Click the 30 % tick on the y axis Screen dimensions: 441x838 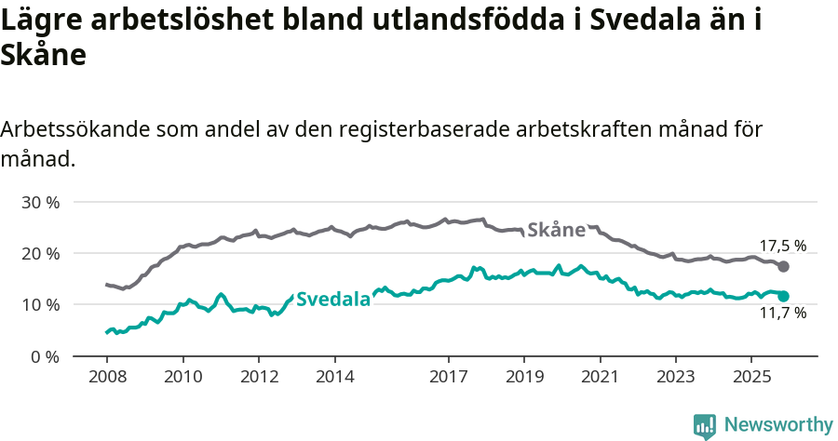click(x=40, y=202)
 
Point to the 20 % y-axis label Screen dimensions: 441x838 click(x=40, y=253)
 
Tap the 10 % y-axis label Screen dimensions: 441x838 click(x=40, y=304)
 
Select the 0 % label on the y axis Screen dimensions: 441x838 click(x=45, y=356)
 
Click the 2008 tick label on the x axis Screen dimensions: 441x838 click(x=106, y=377)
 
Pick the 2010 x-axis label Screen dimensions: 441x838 click(x=182, y=377)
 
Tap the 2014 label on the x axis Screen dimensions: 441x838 click(x=334, y=377)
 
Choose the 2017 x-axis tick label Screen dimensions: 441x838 click(x=448, y=377)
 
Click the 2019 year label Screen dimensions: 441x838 click(x=523, y=377)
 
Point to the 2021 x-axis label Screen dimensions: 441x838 click(x=600, y=377)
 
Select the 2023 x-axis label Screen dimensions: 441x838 click(x=675, y=377)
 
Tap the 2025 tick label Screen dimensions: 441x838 click(x=751, y=377)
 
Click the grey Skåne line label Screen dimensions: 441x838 click(x=556, y=230)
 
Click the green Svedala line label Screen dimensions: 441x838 click(x=332, y=300)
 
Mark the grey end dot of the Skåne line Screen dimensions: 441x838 click(x=783, y=267)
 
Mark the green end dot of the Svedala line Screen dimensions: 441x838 click(x=783, y=296)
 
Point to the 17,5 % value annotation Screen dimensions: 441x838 click(x=782, y=247)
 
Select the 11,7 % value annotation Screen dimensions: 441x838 click(x=782, y=314)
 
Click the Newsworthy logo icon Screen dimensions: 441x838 click(x=705, y=425)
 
